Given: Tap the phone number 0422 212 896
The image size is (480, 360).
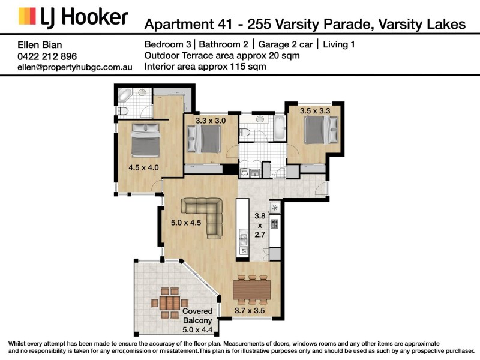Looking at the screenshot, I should pyautogui.click(x=47, y=56).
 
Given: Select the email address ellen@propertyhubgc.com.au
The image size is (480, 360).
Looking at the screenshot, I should pyautogui.click(x=75, y=68).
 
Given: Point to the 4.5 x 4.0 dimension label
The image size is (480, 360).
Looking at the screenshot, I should pyautogui.click(x=143, y=167).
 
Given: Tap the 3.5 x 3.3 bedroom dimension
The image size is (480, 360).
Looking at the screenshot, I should pyautogui.click(x=314, y=110).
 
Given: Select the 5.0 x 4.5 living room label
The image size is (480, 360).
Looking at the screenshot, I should pyautogui.click(x=186, y=223).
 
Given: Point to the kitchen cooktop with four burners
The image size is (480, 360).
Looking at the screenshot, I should pyautogui.click(x=275, y=224).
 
